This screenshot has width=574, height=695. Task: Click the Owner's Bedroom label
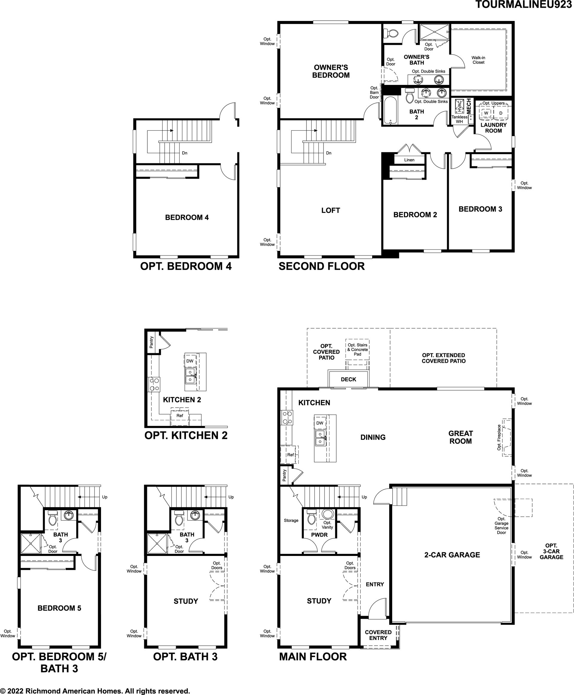(331, 71)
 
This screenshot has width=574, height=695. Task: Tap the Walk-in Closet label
(478, 60)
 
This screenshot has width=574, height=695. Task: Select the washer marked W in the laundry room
(486, 113)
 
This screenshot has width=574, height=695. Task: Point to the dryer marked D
(500, 113)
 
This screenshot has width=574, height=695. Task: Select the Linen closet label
(409, 160)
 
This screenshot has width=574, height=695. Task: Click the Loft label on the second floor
(331, 211)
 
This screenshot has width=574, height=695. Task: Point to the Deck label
(349, 379)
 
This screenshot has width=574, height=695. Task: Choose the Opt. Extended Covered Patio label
(443, 358)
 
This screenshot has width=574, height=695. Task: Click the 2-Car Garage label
(452, 555)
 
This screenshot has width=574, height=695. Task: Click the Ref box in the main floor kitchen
(290, 455)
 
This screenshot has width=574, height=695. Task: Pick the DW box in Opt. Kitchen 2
(190, 361)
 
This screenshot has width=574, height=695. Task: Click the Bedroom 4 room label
(187, 218)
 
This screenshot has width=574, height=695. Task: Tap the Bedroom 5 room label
(59, 608)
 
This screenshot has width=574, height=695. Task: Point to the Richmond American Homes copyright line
(95, 691)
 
